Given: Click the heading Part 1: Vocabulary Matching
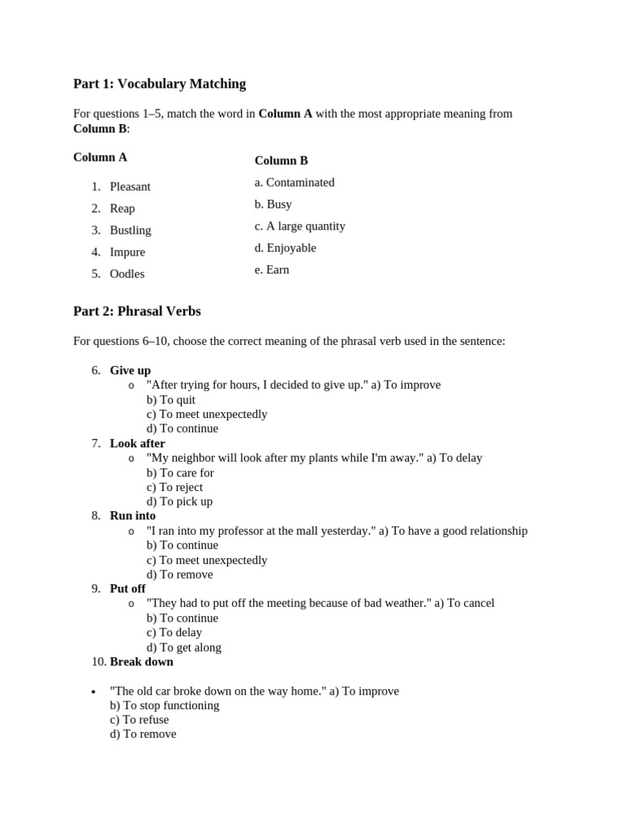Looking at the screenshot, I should [159, 84].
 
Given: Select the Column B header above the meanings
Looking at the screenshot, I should [281, 161].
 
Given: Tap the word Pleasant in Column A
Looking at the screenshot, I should [130, 187].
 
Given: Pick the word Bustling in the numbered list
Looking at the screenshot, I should [130, 230].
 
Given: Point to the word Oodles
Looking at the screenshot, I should [127, 274].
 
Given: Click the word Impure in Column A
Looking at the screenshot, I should [127, 252].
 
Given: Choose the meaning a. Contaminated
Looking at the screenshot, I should [294, 183].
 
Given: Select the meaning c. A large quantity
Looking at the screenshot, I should [299, 226].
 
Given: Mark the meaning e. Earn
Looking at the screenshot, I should [272, 270].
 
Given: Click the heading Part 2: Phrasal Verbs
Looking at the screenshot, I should [136, 312].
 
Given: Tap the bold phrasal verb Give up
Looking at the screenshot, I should [130, 371].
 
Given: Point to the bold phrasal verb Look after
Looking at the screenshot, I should [137, 444].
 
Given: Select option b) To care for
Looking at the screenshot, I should [180, 473].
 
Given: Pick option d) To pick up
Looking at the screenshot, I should [179, 502].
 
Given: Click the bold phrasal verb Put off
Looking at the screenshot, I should [127, 589].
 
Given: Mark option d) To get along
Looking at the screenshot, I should [183, 648].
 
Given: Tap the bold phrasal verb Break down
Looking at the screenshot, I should [141, 662].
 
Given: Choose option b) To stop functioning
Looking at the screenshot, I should [165, 706].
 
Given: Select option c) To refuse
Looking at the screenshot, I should [140, 720].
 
